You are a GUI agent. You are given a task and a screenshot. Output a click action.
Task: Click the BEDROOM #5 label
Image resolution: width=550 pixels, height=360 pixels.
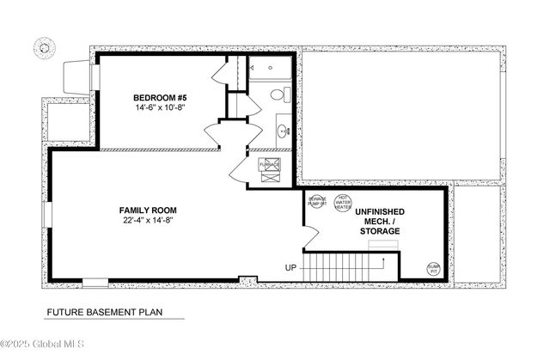[159, 97]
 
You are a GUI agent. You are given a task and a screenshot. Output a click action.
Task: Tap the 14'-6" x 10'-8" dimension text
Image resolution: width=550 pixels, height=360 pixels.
[159, 109]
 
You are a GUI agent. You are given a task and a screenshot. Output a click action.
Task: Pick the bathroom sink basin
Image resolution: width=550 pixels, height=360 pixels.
[283, 131]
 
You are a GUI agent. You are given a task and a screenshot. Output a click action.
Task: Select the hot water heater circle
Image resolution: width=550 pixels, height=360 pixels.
[342, 202]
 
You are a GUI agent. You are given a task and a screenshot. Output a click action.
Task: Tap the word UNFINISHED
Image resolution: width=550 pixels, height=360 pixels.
[380, 211]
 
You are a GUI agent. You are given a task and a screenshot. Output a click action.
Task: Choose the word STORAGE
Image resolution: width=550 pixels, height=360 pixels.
[380, 231]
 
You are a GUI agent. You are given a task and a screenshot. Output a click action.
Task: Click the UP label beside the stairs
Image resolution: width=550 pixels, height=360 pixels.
[292, 267]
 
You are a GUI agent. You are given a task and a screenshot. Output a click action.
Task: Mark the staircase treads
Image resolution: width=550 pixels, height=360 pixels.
[344, 265]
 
